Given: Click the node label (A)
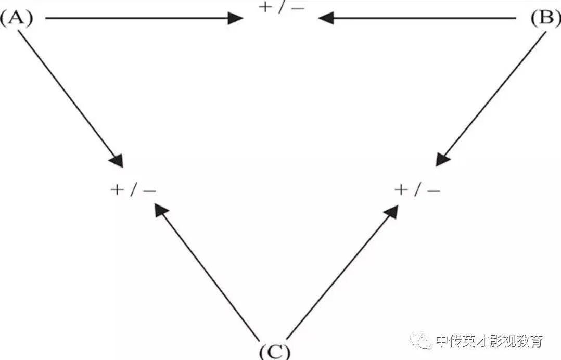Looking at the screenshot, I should [x=16, y=19].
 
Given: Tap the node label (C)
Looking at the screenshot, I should [x=274, y=351].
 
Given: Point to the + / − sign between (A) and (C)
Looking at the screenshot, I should [x=133, y=190].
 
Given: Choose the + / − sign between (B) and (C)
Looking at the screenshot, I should [x=417, y=190].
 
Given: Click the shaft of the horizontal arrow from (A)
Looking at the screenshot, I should [x=135, y=19].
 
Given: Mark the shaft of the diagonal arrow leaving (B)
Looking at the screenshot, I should [x=494, y=94].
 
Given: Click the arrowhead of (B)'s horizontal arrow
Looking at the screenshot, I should [x=326, y=19].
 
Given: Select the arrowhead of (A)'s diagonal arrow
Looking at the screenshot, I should [x=117, y=160].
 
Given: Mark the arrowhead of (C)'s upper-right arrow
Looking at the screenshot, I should [x=391, y=211].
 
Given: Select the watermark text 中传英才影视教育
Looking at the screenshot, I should [x=489, y=341].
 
